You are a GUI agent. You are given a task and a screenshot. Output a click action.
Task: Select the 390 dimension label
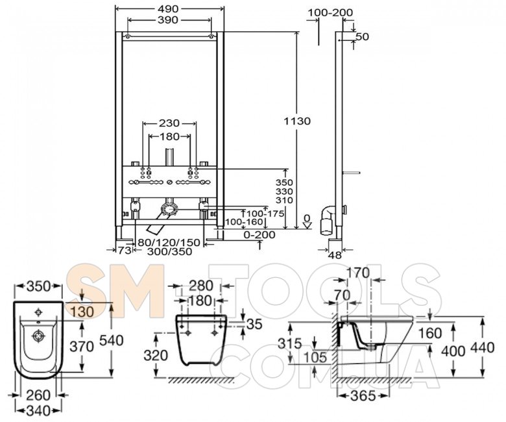point(168,20)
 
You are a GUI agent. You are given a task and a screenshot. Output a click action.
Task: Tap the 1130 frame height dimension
point(297,121)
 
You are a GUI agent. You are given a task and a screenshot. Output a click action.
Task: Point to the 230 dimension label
point(169,123)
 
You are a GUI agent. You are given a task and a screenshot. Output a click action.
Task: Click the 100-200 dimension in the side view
point(330,12)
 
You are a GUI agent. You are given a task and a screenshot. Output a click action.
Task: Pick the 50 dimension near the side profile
point(362,36)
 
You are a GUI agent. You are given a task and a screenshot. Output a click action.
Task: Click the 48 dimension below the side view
point(335,255)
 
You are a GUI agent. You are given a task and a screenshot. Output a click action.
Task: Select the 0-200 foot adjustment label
point(259,234)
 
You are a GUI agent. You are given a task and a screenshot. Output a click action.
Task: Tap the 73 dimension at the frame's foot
point(124,251)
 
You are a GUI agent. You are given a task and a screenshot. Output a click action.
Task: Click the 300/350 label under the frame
point(169,251)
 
